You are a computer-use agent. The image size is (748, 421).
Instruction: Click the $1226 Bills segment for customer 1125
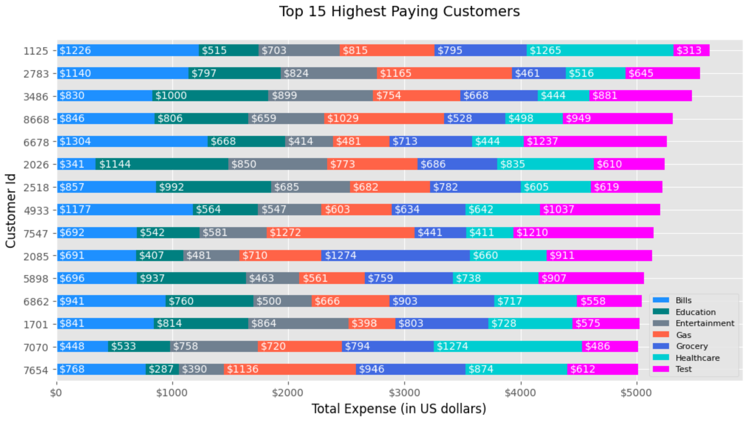click(x=128, y=50)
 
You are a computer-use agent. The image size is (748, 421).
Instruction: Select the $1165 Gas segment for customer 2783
click(x=444, y=73)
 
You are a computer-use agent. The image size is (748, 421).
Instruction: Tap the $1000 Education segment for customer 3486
click(x=210, y=96)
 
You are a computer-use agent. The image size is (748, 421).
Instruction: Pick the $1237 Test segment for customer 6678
click(x=595, y=141)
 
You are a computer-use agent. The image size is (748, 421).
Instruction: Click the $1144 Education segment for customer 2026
click(x=162, y=164)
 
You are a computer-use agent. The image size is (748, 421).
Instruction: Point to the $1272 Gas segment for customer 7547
click(x=340, y=233)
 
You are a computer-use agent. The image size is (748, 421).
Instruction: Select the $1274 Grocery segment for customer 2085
click(x=395, y=256)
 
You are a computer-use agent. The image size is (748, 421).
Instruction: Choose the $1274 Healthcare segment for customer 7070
click(x=508, y=346)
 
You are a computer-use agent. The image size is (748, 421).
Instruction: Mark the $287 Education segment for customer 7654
click(x=162, y=369)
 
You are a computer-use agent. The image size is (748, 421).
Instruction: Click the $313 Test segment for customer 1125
click(x=691, y=50)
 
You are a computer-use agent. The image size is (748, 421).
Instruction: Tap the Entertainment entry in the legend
click(x=704, y=324)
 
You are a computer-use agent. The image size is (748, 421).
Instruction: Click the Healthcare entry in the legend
click(x=697, y=358)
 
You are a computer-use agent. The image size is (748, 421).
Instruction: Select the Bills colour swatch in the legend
click(x=661, y=300)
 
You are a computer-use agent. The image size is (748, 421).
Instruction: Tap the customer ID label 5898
click(x=36, y=279)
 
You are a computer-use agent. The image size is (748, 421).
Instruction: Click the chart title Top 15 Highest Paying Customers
click(x=399, y=11)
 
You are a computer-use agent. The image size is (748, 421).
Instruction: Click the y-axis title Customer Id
click(x=11, y=210)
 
